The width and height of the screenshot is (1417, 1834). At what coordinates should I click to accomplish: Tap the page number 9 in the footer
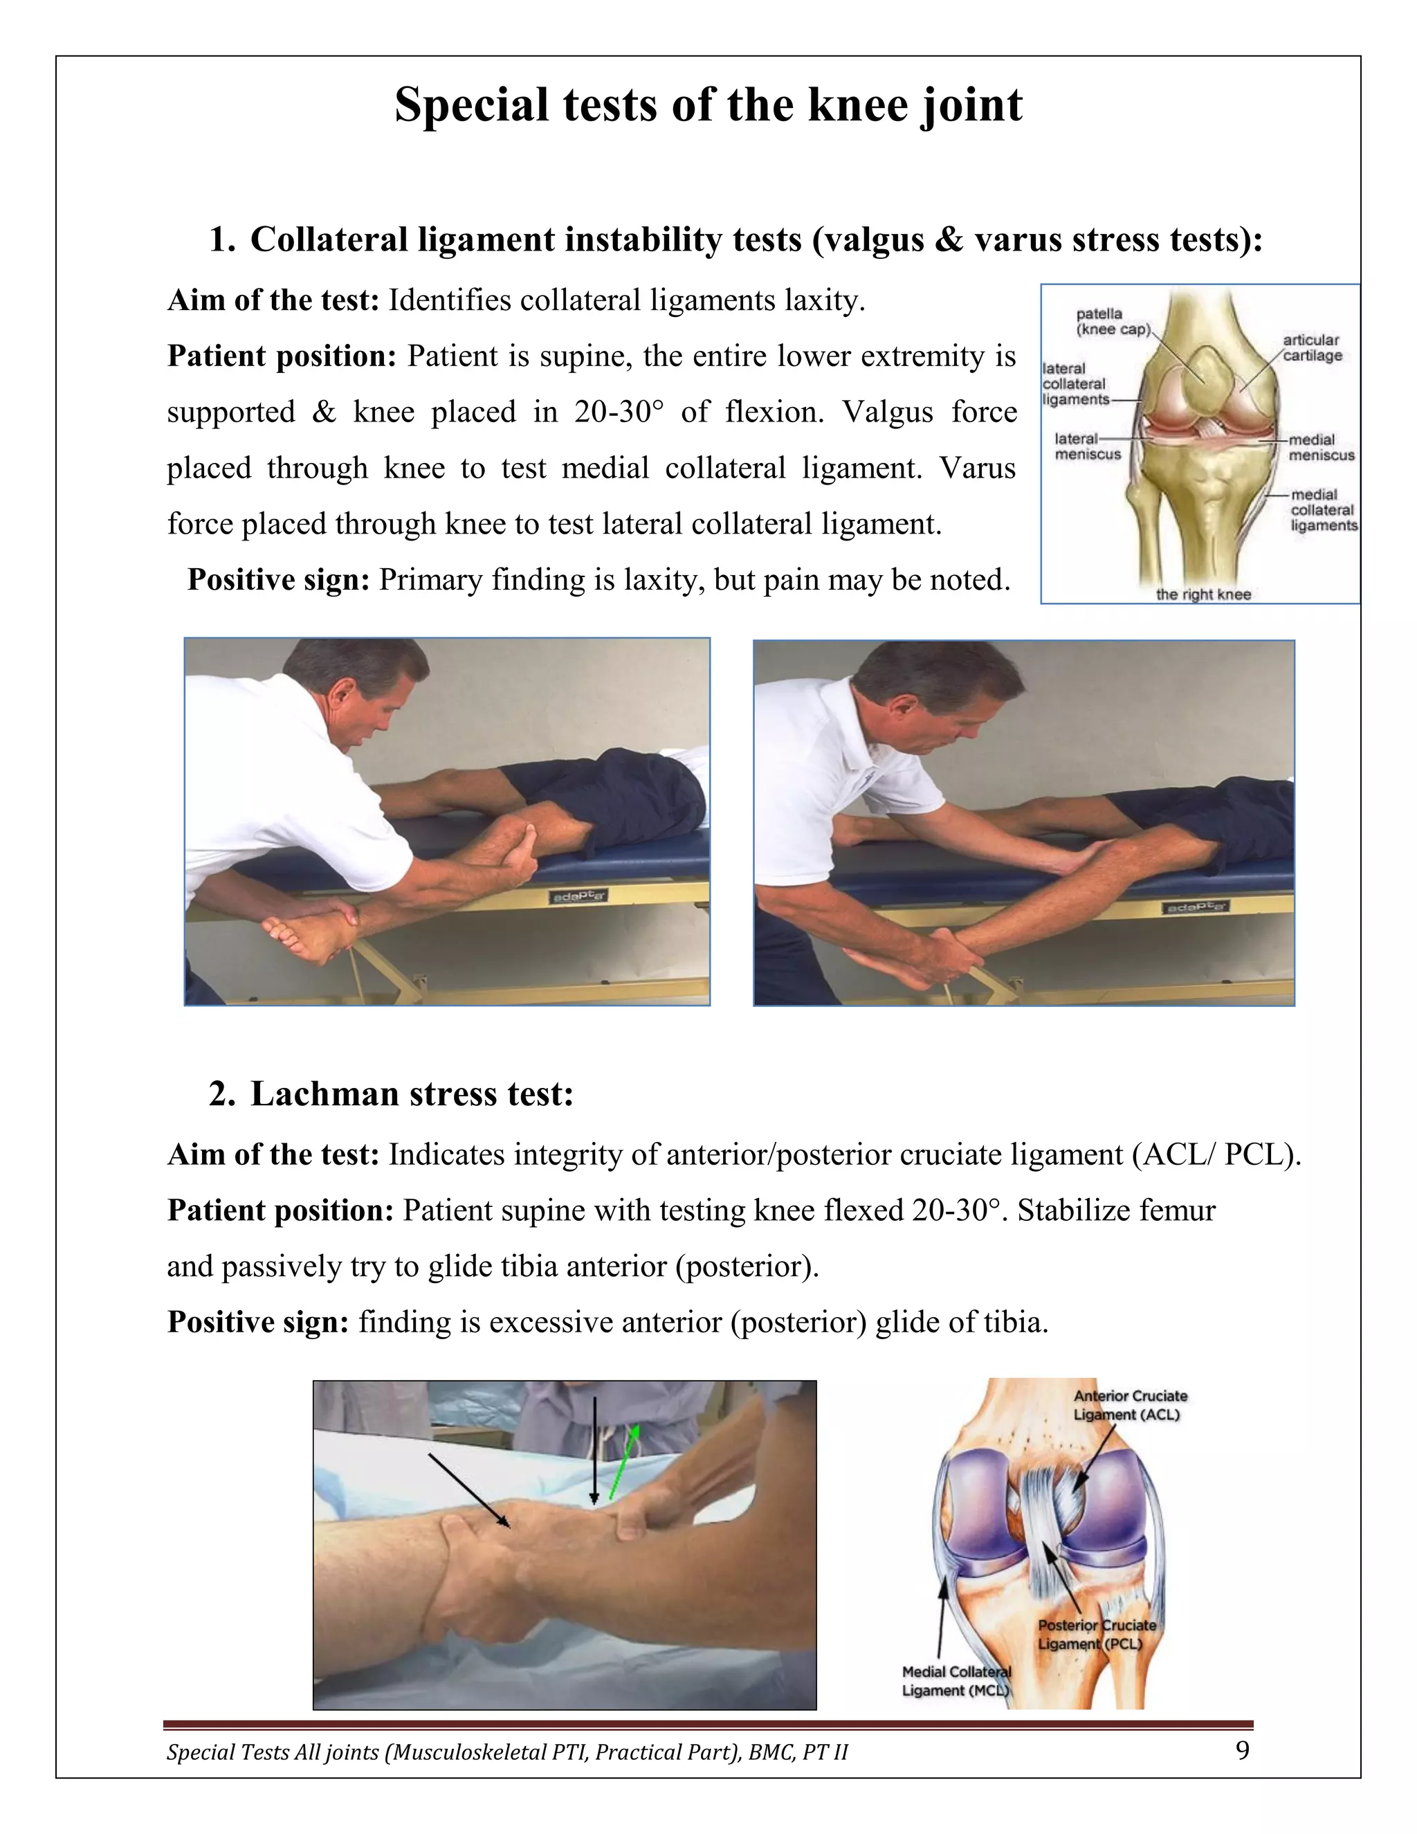(1243, 1750)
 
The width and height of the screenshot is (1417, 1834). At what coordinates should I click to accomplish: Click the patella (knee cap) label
(1113, 322)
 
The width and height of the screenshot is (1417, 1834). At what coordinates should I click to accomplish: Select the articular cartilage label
(1311, 347)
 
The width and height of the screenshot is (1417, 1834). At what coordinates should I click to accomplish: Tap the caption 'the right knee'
(1203, 594)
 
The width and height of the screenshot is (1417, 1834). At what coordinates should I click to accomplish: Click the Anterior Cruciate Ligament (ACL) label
(1129, 1405)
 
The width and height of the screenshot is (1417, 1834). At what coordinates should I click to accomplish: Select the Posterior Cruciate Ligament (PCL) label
(1097, 1634)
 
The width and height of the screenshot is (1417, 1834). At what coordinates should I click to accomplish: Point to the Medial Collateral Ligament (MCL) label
(956, 1681)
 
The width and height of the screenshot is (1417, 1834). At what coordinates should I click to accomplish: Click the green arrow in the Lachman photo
(623, 1462)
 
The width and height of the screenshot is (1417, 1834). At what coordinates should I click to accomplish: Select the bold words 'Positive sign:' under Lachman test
(257, 1322)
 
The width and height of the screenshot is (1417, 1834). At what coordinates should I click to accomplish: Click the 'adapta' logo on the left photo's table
(578, 897)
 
